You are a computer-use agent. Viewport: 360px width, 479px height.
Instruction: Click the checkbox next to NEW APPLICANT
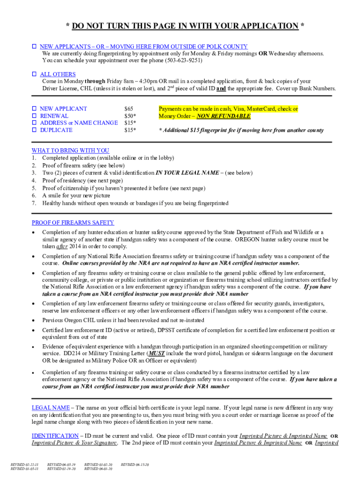[x=34, y=109]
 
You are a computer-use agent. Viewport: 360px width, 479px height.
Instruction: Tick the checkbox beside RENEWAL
[x=34, y=116]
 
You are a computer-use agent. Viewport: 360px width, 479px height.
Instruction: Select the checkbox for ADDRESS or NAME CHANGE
[x=34, y=123]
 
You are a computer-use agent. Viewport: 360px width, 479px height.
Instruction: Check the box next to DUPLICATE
[x=34, y=130]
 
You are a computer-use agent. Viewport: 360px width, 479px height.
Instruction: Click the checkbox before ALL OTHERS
[x=34, y=74]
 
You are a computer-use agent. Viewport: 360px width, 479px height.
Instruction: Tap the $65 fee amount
[x=129, y=109]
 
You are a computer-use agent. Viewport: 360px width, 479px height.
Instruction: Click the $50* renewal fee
[x=130, y=116]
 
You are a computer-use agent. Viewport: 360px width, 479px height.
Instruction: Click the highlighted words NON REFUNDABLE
[x=223, y=116]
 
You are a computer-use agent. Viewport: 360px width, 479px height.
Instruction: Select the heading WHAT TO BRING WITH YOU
[x=70, y=150]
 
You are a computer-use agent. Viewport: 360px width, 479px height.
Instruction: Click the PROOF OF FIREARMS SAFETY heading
[x=72, y=223]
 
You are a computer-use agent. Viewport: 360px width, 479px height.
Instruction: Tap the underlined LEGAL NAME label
[x=50, y=407]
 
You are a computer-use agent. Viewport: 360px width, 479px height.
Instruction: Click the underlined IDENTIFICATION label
[x=55, y=435]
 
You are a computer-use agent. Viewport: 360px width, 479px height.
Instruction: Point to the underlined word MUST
[x=156, y=354]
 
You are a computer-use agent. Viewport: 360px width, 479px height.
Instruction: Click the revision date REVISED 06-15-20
[x=135, y=464]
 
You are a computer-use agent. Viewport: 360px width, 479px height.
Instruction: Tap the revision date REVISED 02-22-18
[x=24, y=464]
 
